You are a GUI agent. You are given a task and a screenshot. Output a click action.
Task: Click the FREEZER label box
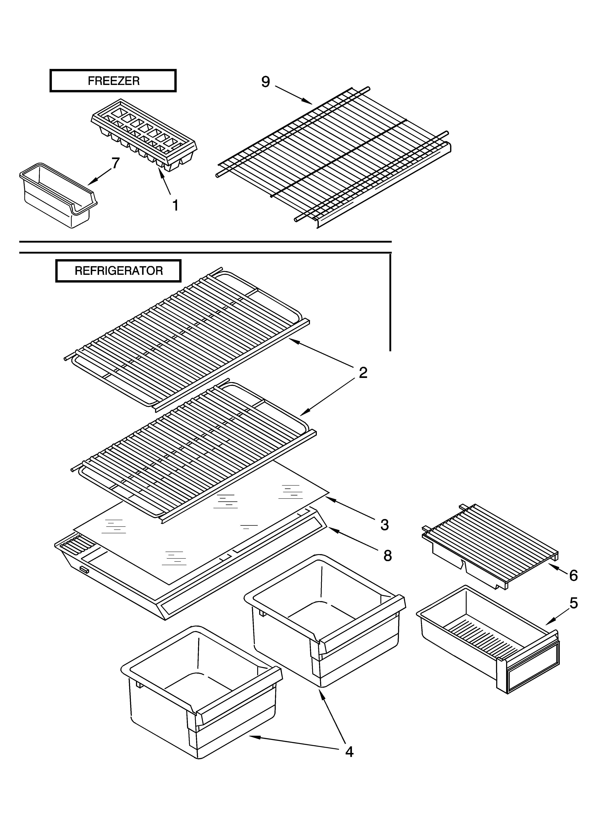tap(113, 81)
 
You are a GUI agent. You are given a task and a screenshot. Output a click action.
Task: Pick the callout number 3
tap(384, 525)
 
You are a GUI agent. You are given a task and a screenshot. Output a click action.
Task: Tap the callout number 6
tap(573, 576)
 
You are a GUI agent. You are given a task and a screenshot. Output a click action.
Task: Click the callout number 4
tap(349, 752)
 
